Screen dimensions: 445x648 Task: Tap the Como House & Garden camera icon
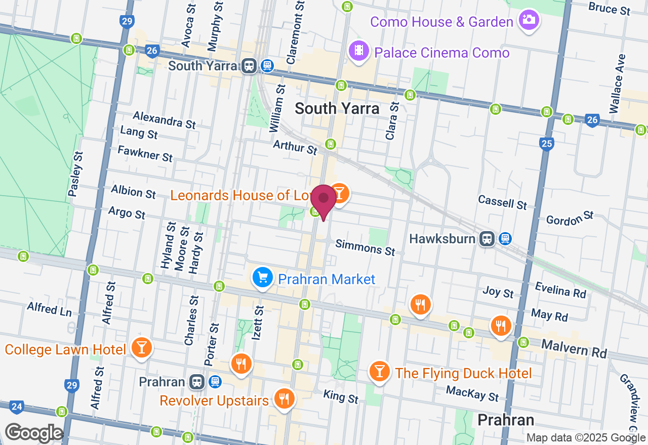pos(529,20)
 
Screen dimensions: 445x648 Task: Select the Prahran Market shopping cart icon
pos(263,278)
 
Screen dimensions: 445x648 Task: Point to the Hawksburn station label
pos(442,238)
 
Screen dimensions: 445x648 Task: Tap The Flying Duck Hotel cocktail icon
pos(379,372)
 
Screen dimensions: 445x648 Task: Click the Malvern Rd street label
pos(574,348)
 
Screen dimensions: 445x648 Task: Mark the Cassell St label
pos(503,202)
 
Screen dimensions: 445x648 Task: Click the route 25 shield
pos(546,145)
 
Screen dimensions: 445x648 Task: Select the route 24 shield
pos(17,406)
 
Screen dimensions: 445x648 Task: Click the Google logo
pos(34,433)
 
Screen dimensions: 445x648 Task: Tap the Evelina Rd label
pos(561,290)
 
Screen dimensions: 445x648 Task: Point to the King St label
pos(341,397)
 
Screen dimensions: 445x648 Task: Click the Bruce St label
pos(610,9)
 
